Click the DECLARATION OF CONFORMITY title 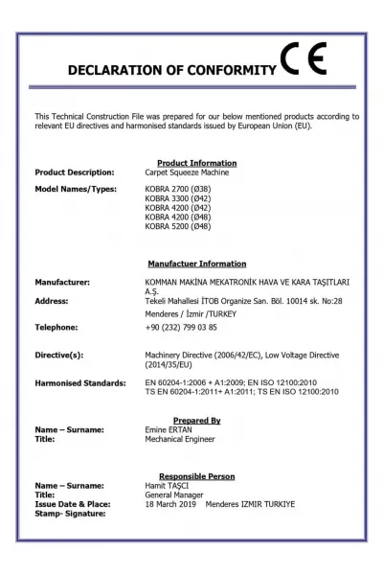170,70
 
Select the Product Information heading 196,162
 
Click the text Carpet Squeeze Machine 188,172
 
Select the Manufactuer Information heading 196,264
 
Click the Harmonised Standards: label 80,382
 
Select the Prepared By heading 196,420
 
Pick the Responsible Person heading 196,476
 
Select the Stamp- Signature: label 71,513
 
